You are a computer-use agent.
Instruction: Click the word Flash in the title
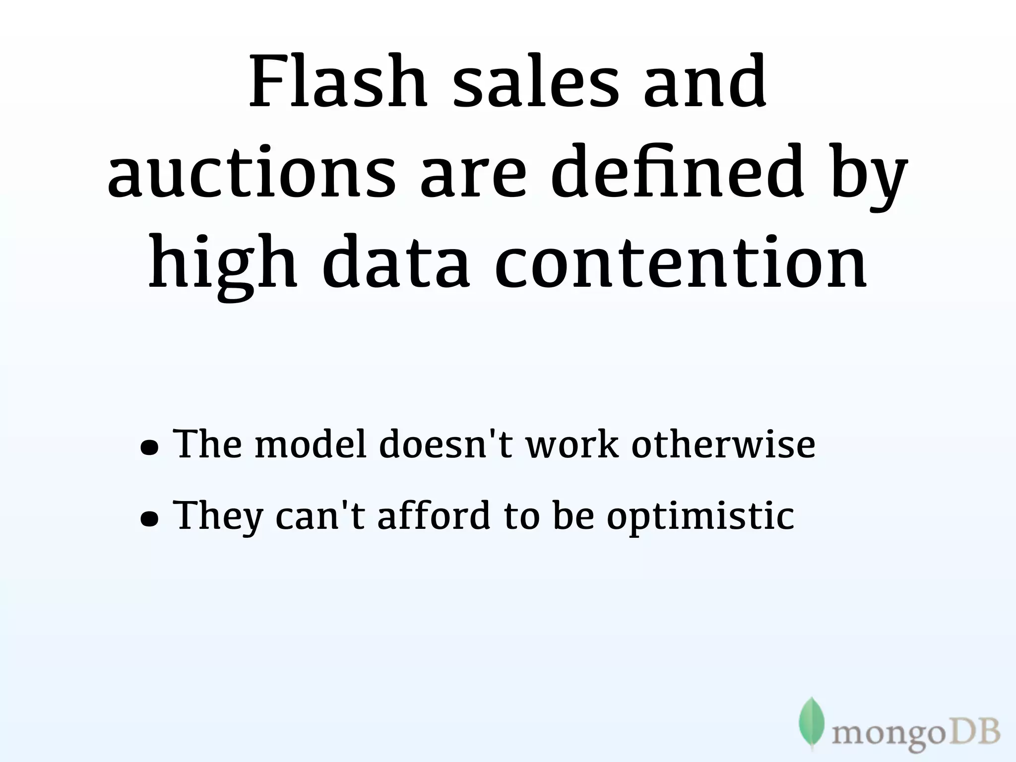coord(337,82)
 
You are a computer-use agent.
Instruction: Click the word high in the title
coord(223,263)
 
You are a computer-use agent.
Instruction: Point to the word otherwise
coord(723,444)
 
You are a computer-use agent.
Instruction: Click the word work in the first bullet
coord(572,444)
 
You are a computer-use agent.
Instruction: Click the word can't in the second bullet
coord(320,515)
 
